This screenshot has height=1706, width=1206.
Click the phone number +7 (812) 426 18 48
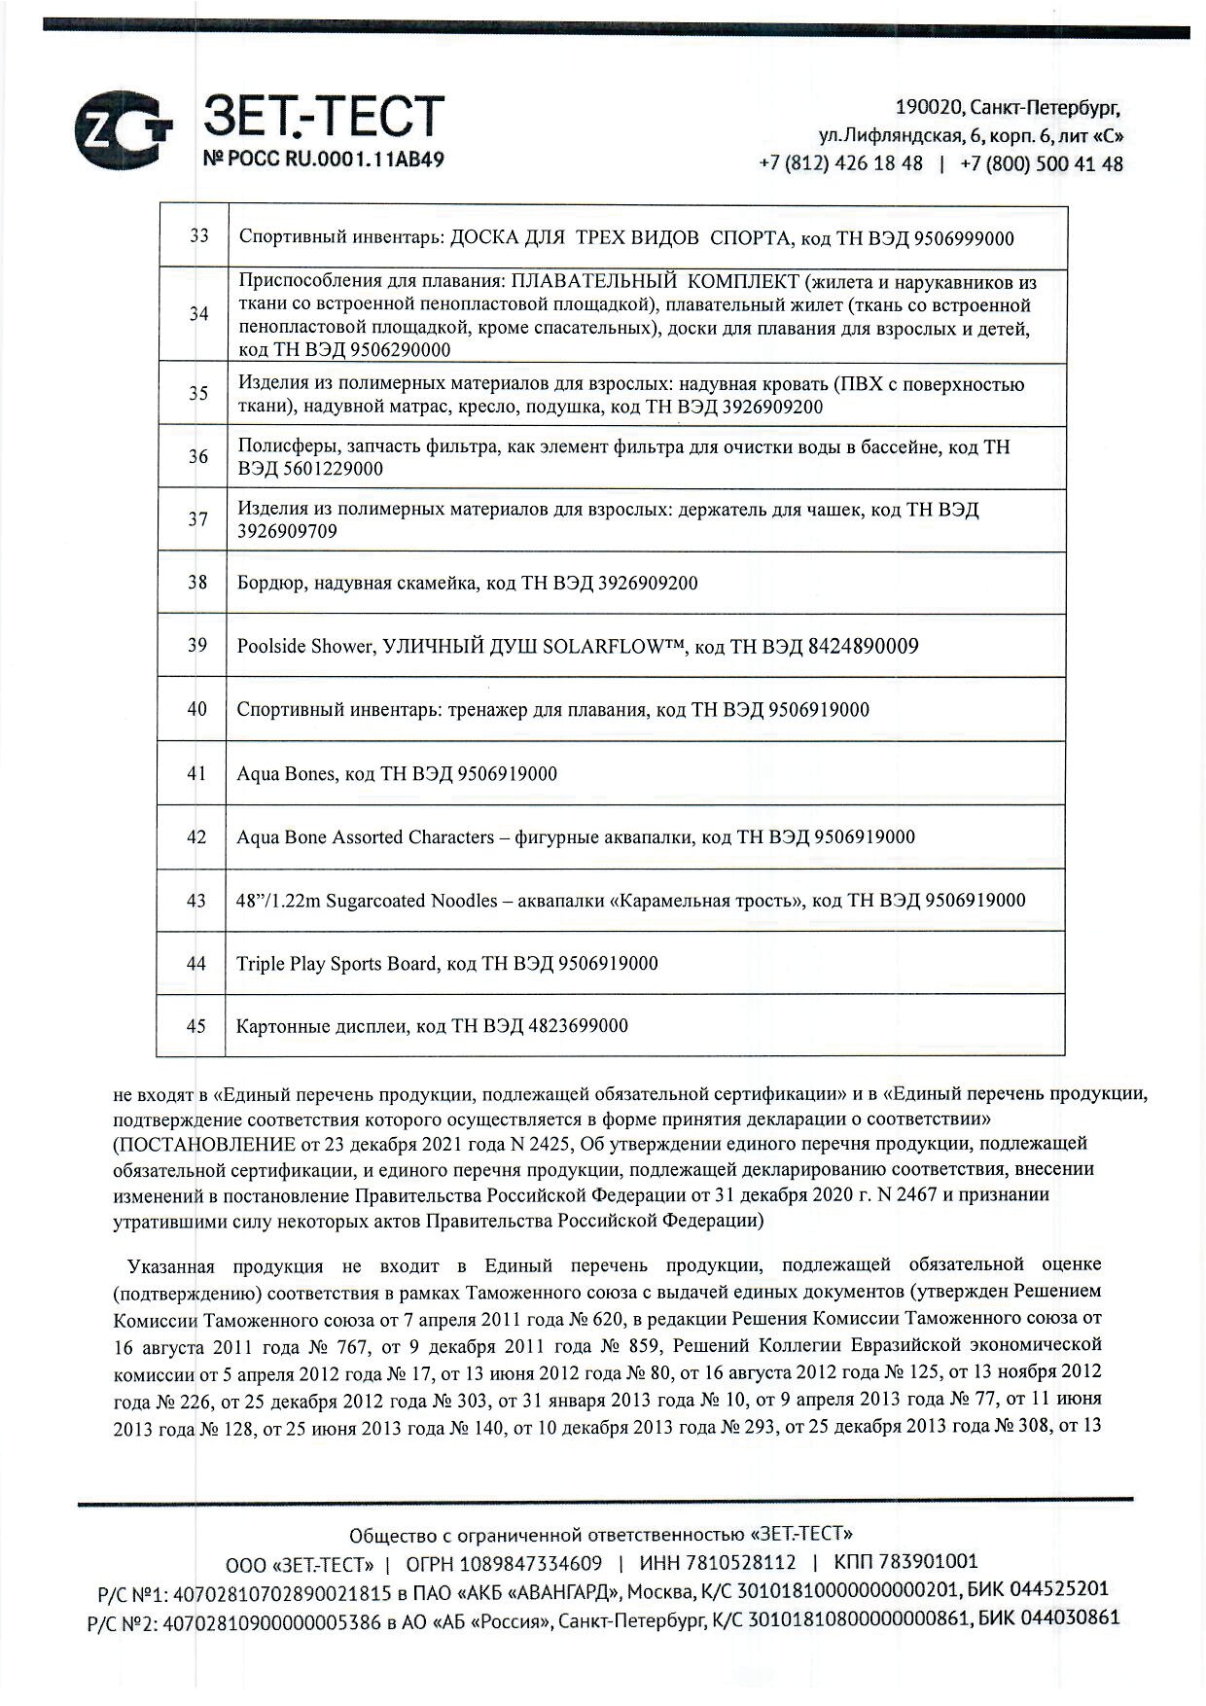(840, 163)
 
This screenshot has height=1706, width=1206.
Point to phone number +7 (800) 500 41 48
(1041, 163)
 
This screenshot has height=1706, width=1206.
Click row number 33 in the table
(198, 236)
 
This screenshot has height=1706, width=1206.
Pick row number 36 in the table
(197, 456)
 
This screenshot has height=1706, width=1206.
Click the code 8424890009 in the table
(863, 646)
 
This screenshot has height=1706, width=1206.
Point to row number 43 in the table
(196, 901)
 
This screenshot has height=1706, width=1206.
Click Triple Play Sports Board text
(337, 964)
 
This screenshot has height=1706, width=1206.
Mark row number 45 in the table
(196, 1026)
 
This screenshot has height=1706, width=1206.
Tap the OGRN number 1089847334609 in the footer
(531, 1563)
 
